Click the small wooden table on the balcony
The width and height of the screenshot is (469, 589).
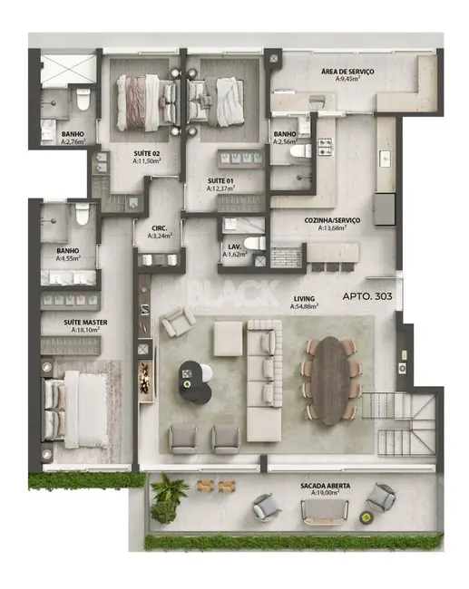coord(210,484)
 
